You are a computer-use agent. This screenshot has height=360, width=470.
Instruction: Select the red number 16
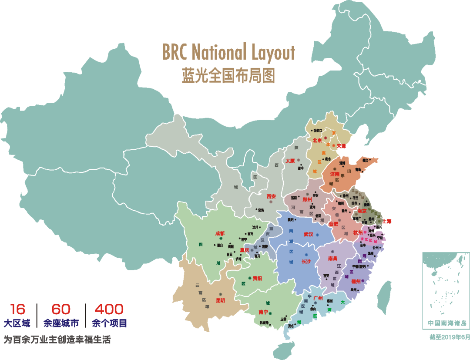[x=17, y=310]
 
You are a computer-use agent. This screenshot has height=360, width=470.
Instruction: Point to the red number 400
[x=109, y=310]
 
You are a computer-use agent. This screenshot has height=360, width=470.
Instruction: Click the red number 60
[x=61, y=310]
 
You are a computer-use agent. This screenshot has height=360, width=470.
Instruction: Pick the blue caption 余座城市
[x=61, y=323]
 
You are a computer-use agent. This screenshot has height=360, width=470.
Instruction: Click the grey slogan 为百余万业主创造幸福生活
[x=57, y=340]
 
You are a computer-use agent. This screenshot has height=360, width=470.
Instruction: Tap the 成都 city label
[x=219, y=233]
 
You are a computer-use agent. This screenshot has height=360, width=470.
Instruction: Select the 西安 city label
[x=272, y=196]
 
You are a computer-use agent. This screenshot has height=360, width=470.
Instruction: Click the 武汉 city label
[x=309, y=234]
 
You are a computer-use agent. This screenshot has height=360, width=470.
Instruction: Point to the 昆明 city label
[x=220, y=300]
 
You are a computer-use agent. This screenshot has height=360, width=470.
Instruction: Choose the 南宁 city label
[x=263, y=312]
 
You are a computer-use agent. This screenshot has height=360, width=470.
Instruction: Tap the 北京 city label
[x=317, y=141]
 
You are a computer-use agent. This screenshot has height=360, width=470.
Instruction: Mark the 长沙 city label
[x=306, y=261]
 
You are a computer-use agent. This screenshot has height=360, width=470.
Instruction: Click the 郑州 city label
[x=307, y=199]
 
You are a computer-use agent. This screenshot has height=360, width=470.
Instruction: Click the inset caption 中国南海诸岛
[x=446, y=323]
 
